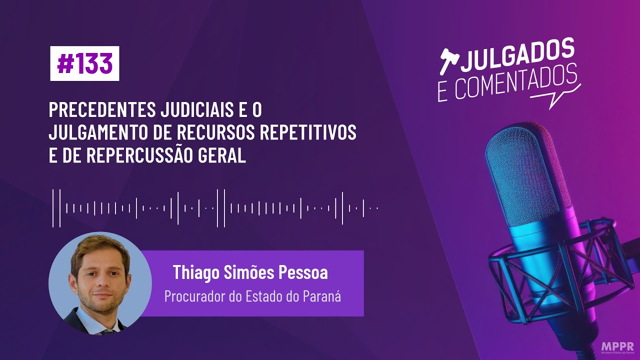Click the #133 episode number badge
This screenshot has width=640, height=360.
click(84, 63)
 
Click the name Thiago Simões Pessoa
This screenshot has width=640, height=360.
click(250, 273)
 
